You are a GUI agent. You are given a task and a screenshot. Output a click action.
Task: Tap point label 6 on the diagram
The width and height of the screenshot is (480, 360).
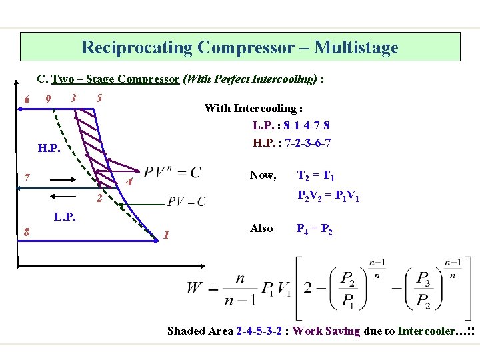click(x=26, y=100)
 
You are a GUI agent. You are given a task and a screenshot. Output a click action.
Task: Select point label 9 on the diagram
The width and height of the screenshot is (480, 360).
click(x=47, y=100)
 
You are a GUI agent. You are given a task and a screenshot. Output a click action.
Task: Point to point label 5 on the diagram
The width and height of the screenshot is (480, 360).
click(x=99, y=98)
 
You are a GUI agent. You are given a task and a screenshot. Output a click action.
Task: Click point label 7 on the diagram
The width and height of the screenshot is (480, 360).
click(x=25, y=178)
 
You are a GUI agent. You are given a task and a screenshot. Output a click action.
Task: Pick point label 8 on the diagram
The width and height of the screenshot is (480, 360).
click(x=25, y=232)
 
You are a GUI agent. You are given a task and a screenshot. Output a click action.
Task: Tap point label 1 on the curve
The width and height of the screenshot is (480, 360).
click(x=166, y=234)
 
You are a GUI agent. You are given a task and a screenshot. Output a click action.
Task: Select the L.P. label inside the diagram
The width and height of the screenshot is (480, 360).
click(x=64, y=217)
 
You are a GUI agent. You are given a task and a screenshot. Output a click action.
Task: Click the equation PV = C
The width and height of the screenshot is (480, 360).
click(x=187, y=201)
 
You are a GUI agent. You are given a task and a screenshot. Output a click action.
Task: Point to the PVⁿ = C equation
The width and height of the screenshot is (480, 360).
click(x=172, y=172)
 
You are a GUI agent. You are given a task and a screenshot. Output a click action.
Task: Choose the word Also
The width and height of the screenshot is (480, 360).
click(x=261, y=229)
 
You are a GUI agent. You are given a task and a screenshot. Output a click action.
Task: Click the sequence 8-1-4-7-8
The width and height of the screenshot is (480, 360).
click(x=306, y=125)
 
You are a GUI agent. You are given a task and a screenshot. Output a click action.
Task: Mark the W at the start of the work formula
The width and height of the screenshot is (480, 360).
click(x=195, y=289)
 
